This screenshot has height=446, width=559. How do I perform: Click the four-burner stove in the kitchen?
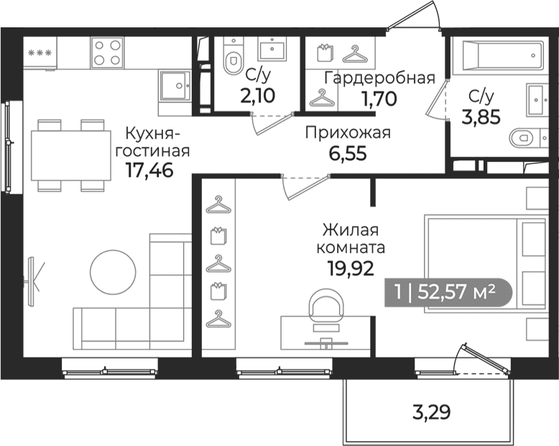(x=107, y=53)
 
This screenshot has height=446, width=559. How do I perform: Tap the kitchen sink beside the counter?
(x=175, y=86)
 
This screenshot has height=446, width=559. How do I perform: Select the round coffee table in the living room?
(x=113, y=272)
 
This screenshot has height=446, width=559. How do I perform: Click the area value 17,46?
(x=149, y=170)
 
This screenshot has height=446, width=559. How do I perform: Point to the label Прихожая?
(x=348, y=134)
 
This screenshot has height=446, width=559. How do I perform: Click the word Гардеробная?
(x=379, y=78)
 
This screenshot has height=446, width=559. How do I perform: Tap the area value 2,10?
(x=257, y=96)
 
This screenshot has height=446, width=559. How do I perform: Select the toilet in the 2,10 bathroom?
(x=233, y=56)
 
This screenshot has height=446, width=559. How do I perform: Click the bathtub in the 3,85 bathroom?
(x=498, y=55)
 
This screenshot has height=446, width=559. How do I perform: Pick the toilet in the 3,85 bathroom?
(x=525, y=137)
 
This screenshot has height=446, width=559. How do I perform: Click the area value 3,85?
(x=481, y=117)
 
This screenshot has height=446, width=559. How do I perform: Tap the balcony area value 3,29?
(x=431, y=411)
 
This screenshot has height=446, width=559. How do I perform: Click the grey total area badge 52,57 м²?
(x=448, y=292)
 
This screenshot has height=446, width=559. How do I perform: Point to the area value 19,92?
(x=351, y=268)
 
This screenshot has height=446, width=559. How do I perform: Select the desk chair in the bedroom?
(x=326, y=306)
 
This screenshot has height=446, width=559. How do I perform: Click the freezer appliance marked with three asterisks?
(x=40, y=53)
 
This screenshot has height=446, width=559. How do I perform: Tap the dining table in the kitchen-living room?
(x=71, y=155)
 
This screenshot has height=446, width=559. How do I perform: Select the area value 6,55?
(x=348, y=154)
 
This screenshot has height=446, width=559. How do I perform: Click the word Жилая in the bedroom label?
(x=351, y=229)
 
